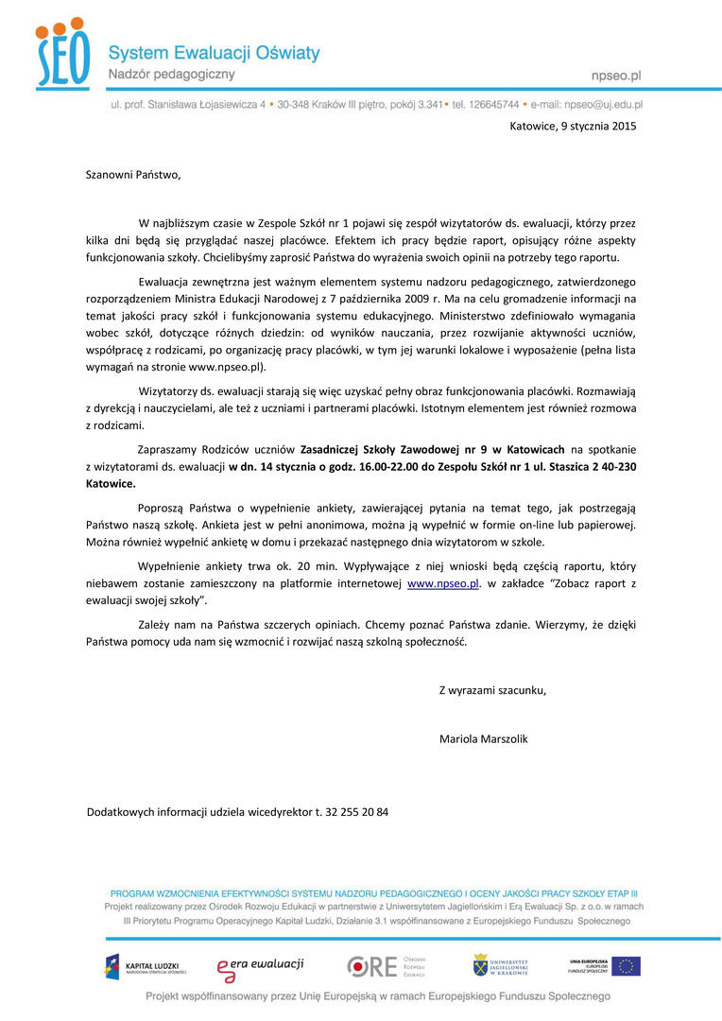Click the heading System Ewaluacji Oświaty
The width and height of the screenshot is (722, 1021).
tap(214, 53)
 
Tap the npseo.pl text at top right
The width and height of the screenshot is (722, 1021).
tap(615, 74)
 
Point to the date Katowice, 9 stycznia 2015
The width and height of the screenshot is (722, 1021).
tap(573, 125)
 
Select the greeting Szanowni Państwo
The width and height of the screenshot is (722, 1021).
tap(132, 174)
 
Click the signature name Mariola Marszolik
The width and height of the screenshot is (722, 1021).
tap(483, 737)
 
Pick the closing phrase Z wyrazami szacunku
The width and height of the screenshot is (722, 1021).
tap(492, 689)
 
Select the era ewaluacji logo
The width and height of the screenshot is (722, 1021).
tap(260, 965)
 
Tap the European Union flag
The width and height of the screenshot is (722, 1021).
tap(625, 965)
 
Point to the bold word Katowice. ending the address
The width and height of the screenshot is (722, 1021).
tap(111, 482)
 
